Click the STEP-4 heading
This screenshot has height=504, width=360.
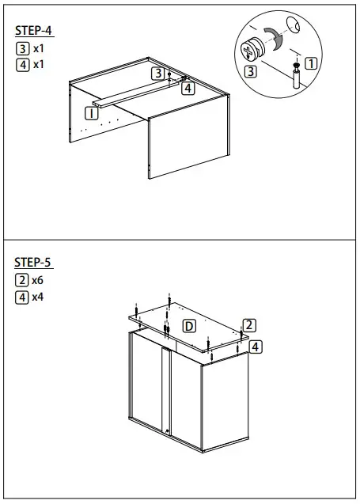pyautogui.click(x=34, y=31)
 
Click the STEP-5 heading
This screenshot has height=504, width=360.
pyautogui.click(x=34, y=263)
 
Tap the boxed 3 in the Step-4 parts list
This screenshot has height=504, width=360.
pyautogui.click(x=22, y=48)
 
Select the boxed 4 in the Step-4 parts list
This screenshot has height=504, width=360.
pyautogui.click(x=22, y=65)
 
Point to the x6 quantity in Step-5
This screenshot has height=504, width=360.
pyautogui.click(x=37, y=281)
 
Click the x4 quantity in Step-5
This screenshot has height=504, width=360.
pyautogui.click(x=37, y=297)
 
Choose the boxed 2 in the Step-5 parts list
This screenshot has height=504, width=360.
pyautogui.click(x=22, y=281)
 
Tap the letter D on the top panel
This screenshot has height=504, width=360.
pyautogui.click(x=189, y=325)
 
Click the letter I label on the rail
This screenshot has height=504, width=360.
pyautogui.click(x=93, y=114)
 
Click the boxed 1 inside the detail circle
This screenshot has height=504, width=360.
pyautogui.click(x=311, y=63)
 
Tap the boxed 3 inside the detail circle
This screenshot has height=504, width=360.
pyautogui.click(x=251, y=71)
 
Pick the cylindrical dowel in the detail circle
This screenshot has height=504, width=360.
pyautogui.click(x=295, y=80)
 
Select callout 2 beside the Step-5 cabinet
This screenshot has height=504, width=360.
pyautogui.click(x=248, y=325)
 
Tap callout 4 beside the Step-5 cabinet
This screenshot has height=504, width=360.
pyautogui.click(x=255, y=347)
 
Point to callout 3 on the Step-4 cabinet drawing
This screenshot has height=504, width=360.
pyautogui.click(x=158, y=74)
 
